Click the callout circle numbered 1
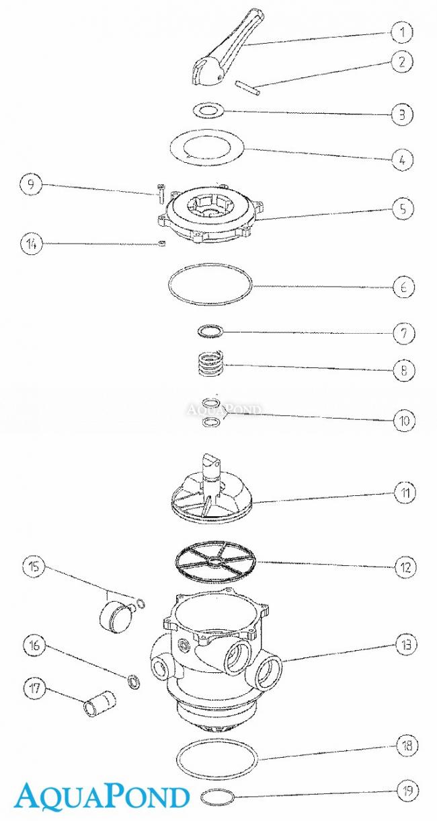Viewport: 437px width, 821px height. tap(402, 32)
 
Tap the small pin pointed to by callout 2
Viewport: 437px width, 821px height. tap(248, 88)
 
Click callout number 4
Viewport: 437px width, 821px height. tap(403, 159)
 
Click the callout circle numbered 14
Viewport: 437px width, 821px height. tap(31, 244)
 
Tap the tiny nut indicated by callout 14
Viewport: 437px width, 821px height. tap(162, 244)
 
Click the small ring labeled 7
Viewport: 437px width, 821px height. tap(210, 331)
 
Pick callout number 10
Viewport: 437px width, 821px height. tap(404, 421)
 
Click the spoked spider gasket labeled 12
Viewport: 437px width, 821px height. tap(215, 565)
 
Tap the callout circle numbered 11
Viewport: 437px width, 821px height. tap(405, 492)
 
